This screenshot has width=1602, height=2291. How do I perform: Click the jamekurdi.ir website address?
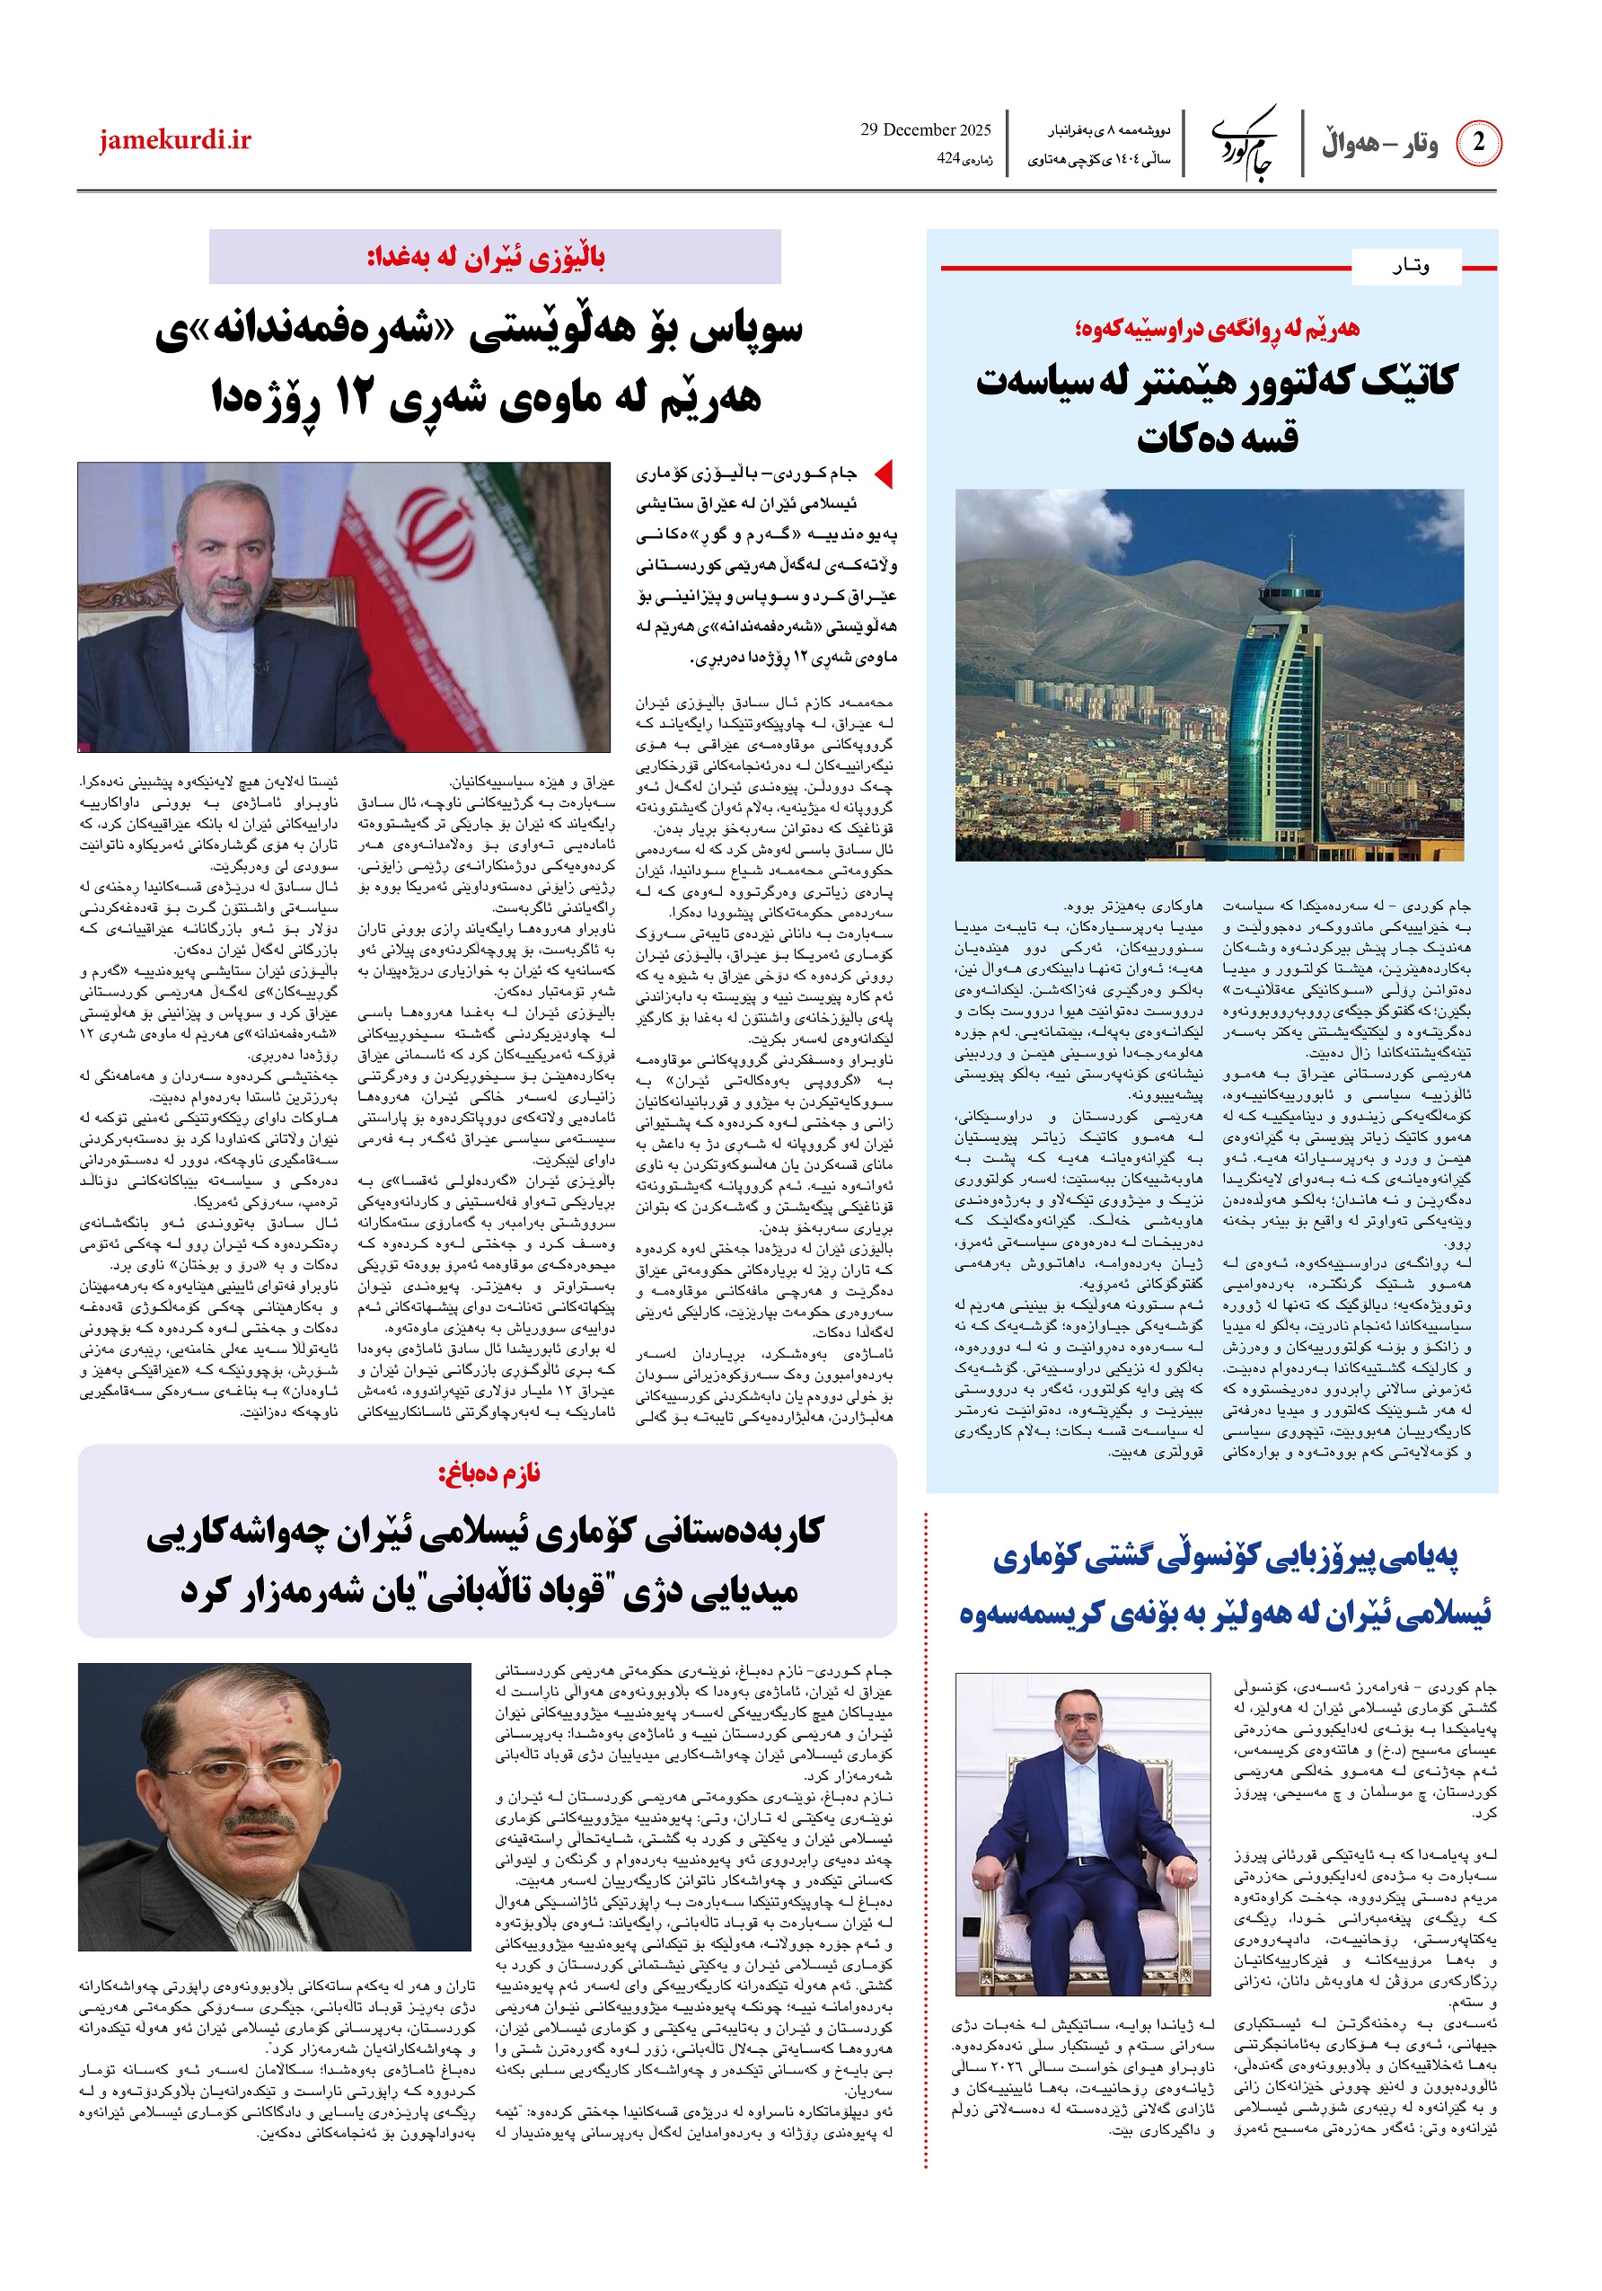pos(174,141)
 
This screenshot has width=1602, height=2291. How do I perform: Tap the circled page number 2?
pos(1477,143)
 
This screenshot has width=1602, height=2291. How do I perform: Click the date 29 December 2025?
pos(925,129)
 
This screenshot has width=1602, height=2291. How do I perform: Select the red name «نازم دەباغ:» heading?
pos(489,1473)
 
